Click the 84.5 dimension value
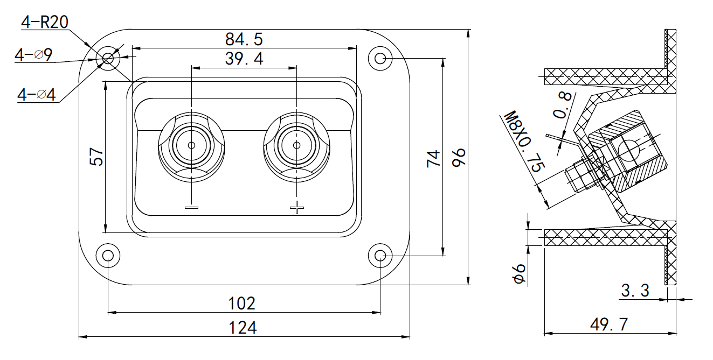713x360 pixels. (x=244, y=39)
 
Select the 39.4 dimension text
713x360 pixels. (x=244, y=59)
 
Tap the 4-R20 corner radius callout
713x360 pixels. (x=44, y=22)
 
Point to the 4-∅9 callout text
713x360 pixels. (x=33, y=55)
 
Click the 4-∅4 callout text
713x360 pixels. (x=37, y=95)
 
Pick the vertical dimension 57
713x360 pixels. (x=96, y=157)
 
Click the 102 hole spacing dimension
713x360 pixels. (x=242, y=303)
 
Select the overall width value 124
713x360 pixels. (x=242, y=327)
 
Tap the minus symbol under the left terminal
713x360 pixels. (x=192, y=207)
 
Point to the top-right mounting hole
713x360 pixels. (x=380, y=58)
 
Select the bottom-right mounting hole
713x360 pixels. (x=380, y=255)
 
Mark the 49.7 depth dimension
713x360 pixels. (x=609, y=324)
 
